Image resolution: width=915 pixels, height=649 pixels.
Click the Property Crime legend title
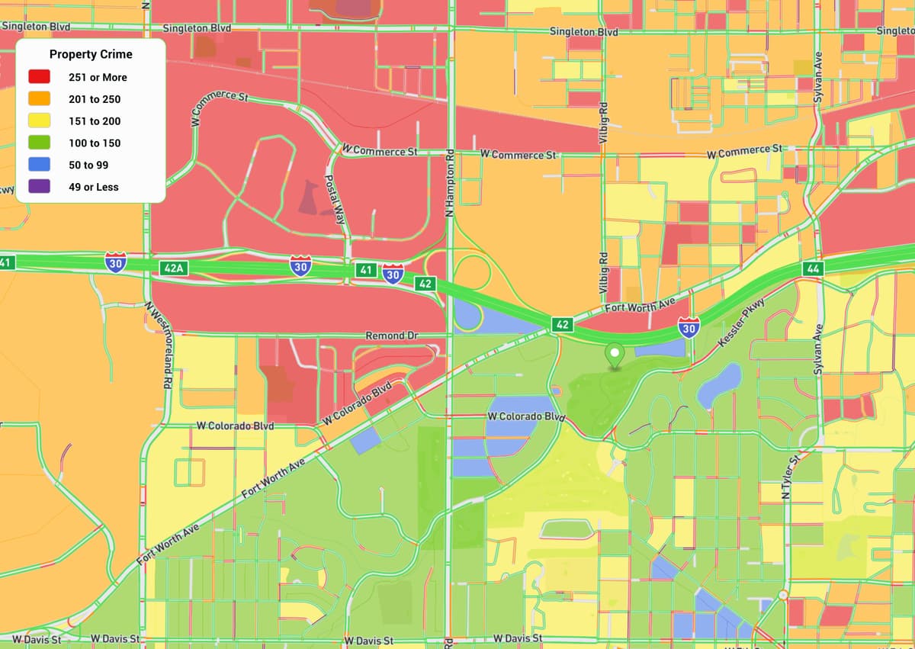[91, 54]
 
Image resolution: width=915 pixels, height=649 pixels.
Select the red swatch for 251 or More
[40, 77]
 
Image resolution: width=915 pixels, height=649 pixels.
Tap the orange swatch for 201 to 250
[40, 99]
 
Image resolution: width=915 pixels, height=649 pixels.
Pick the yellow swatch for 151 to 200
[40, 120]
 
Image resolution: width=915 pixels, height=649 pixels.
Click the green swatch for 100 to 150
[40, 143]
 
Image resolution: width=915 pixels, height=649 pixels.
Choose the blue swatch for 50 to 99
[40, 165]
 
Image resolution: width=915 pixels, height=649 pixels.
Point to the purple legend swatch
[40, 187]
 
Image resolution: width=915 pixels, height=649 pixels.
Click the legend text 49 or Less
[94, 187]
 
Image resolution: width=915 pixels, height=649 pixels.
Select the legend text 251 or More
[98, 77]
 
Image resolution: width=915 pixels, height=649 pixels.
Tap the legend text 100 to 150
[95, 143]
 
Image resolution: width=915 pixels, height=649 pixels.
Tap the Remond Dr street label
[392, 336]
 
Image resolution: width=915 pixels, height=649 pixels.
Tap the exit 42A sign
[174, 268]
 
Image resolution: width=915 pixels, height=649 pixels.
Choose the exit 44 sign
[813, 268]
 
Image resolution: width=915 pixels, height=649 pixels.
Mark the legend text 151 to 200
[95, 120]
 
